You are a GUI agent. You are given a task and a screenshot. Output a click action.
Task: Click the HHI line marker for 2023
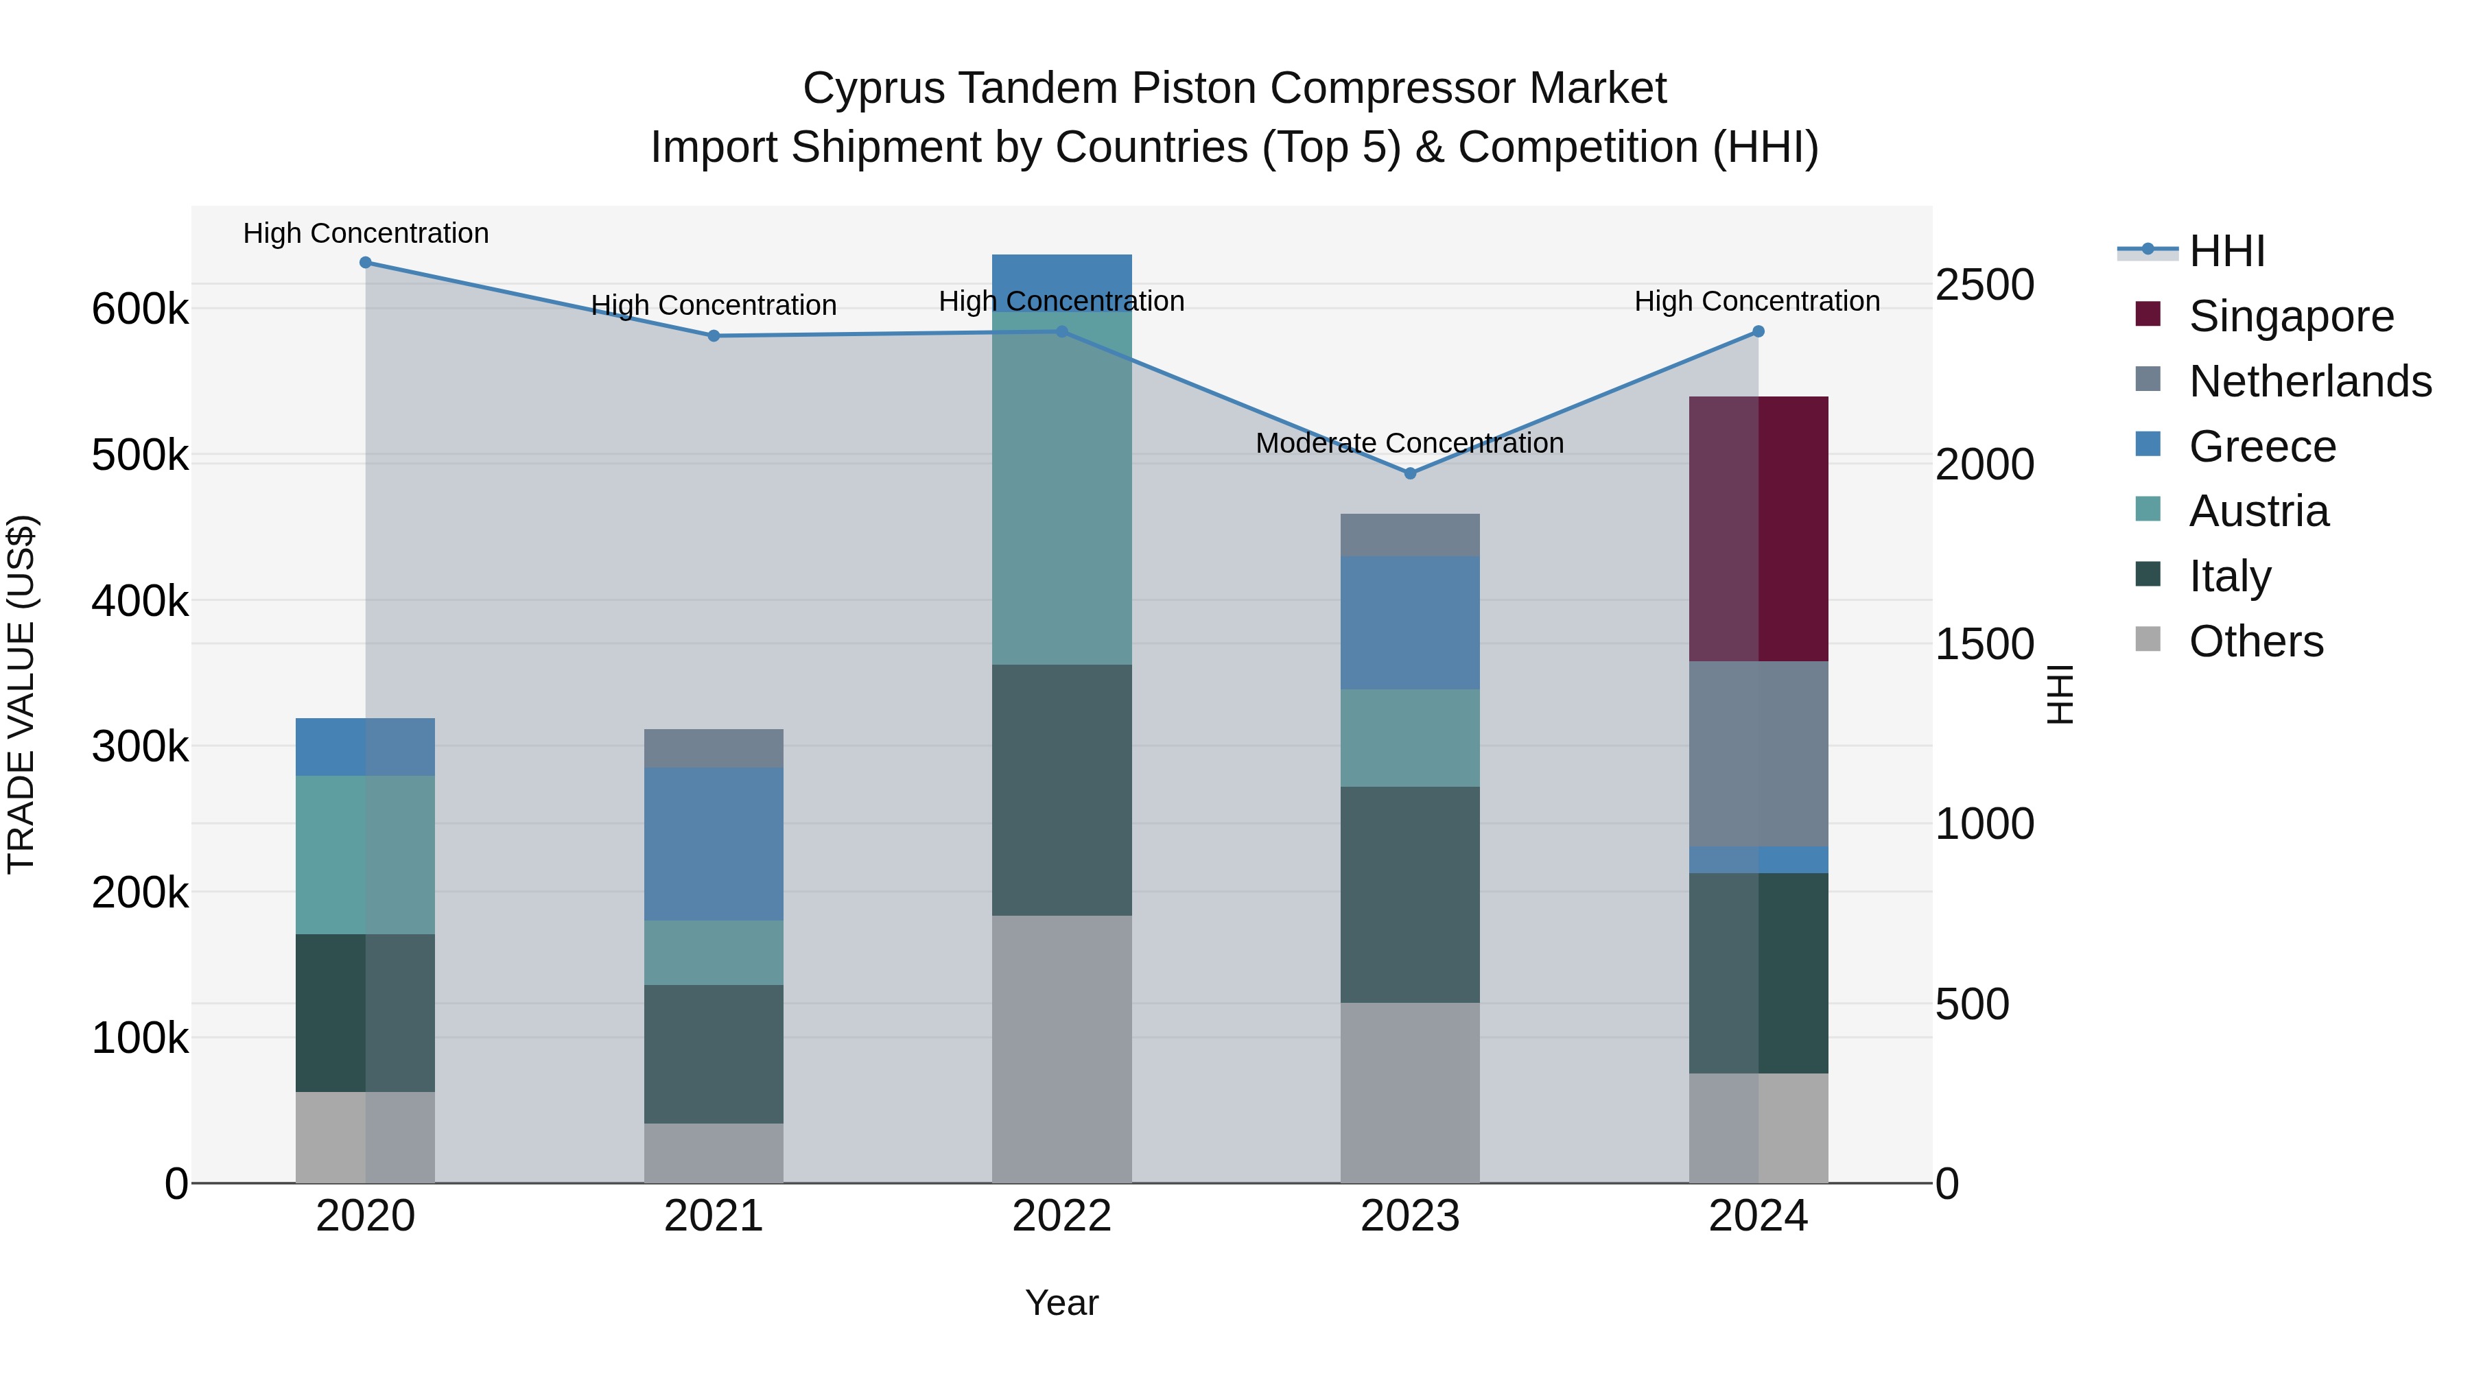(x=1409, y=473)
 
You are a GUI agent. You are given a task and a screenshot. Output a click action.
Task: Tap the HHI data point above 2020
(x=365, y=263)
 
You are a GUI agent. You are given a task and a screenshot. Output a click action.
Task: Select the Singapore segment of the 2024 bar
(x=1759, y=528)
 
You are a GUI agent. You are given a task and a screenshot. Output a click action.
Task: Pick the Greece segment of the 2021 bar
(x=714, y=844)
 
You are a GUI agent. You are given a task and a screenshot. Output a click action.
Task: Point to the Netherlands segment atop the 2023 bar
(x=1409, y=535)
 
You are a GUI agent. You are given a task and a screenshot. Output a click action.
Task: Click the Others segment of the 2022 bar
(x=1061, y=1049)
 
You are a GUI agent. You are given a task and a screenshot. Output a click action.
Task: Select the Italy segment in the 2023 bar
(x=1409, y=894)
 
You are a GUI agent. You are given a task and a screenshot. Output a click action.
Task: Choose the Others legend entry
(x=2255, y=641)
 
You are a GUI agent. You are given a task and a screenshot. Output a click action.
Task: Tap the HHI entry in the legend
(x=2226, y=251)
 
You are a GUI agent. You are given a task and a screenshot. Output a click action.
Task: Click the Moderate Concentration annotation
(x=1409, y=443)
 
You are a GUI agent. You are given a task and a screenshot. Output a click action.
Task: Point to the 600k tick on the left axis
(x=140, y=309)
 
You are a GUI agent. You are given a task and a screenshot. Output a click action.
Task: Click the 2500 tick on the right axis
(x=1984, y=285)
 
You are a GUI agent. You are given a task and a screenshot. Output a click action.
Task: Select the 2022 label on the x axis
(x=1061, y=1216)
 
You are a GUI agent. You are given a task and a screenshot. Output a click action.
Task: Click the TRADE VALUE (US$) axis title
(x=21, y=694)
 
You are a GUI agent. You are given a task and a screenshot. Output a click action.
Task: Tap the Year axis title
(x=1061, y=1303)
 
